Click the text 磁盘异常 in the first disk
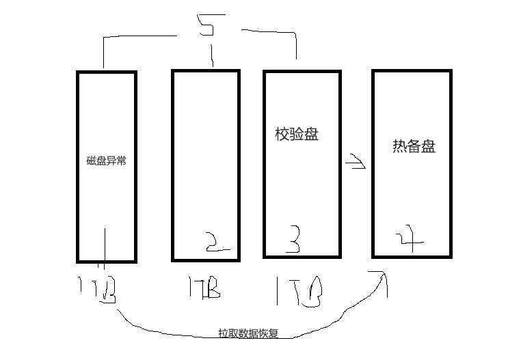106,162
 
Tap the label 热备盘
414,146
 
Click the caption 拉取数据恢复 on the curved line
253,334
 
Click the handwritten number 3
292,240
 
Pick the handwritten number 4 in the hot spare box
408,238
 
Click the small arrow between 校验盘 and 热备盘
355,164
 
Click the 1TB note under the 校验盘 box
299,290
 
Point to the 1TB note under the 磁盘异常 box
98,290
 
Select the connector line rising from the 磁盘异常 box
104,51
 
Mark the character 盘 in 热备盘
429,146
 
